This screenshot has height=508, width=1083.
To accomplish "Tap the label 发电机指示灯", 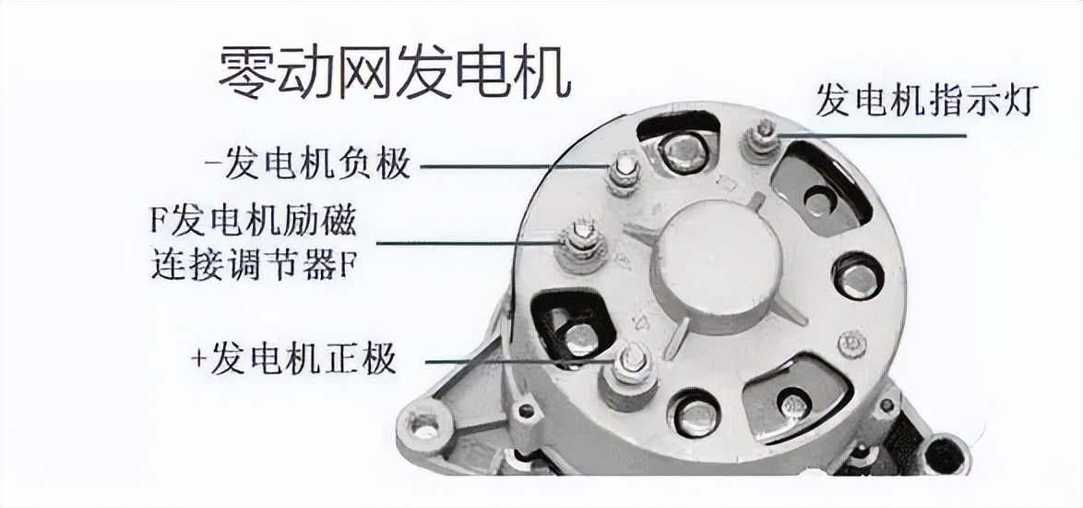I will pos(927,100).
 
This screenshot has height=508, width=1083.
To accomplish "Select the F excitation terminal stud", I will pos(582,238).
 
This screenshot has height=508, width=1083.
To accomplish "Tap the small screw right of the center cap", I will pos(851,344).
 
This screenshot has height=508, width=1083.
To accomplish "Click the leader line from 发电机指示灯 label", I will pos(876,135).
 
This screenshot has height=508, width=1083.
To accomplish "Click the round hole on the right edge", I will pos(858,276).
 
